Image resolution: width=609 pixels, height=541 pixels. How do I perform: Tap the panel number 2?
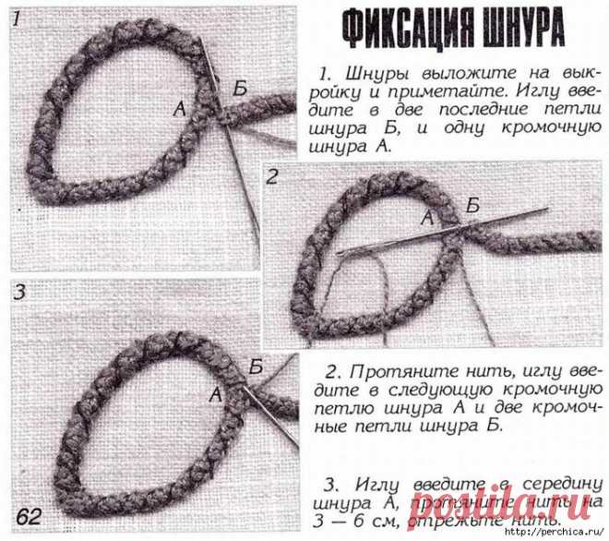point(273,175)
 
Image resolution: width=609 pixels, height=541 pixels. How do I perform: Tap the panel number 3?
point(19,294)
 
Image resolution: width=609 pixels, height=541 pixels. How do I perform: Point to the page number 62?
point(28,515)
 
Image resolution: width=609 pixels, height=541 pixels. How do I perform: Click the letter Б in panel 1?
point(240,88)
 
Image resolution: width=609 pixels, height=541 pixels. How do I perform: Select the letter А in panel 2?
point(425,219)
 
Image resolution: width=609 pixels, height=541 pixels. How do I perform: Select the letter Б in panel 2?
point(472,205)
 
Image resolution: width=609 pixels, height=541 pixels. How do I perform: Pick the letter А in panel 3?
point(215,394)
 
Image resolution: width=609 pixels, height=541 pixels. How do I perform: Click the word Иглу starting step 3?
point(364,484)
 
